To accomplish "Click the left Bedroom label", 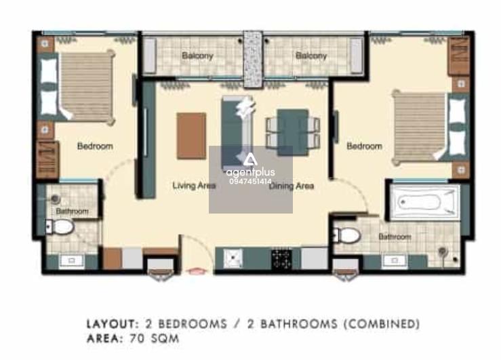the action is (x=95, y=146).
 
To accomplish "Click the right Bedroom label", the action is (x=364, y=146).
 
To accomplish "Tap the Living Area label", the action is (x=194, y=186).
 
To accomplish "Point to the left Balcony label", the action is (x=197, y=56).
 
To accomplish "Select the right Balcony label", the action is (x=311, y=56).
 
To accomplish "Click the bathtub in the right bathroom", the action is (x=424, y=202).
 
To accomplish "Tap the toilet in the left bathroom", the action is (x=60, y=227).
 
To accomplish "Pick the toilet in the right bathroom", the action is (x=347, y=235).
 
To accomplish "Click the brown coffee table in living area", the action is (x=191, y=136).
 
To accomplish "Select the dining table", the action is (x=293, y=133).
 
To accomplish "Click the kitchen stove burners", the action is (x=281, y=259).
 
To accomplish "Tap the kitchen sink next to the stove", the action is (x=233, y=258).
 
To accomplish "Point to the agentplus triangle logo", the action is (x=250, y=160).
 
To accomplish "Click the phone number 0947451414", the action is (x=250, y=182).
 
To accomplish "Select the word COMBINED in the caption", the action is (x=382, y=324).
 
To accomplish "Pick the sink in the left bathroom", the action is (x=72, y=261).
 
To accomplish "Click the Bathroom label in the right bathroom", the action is (x=395, y=237).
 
